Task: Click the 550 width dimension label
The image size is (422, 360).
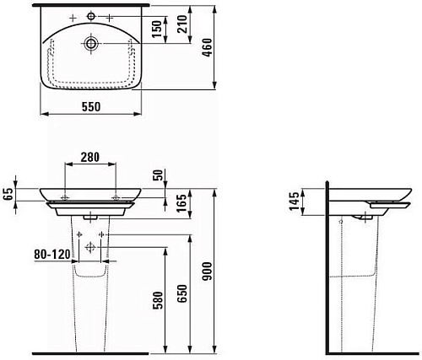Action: (x=91, y=107)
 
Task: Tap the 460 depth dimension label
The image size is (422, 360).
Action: (x=208, y=48)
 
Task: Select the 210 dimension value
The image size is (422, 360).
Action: (x=182, y=24)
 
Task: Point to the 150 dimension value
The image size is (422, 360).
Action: (x=157, y=29)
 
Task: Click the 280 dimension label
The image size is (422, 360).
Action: (x=90, y=158)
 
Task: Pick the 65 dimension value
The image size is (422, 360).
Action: (x=8, y=194)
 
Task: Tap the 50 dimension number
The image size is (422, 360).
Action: (x=158, y=175)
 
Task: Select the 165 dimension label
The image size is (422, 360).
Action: (x=182, y=203)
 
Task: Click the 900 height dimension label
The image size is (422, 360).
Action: (x=208, y=271)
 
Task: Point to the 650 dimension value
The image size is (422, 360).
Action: (x=182, y=293)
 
